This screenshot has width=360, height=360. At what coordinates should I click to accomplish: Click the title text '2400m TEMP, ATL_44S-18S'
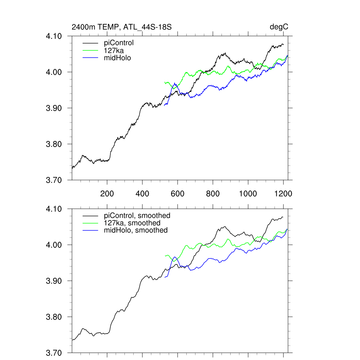(x=121, y=27)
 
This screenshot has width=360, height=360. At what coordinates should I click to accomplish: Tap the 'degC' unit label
(x=279, y=27)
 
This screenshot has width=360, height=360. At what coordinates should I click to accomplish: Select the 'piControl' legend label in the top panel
(x=119, y=43)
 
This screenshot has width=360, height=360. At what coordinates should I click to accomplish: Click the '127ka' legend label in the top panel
(x=114, y=50)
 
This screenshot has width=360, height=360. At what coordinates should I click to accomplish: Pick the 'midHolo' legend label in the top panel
(x=117, y=58)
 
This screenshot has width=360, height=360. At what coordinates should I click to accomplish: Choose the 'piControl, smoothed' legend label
(x=137, y=216)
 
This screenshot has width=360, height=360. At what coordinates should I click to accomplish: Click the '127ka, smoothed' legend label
(x=132, y=223)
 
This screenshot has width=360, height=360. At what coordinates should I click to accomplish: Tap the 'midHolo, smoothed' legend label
(x=135, y=230)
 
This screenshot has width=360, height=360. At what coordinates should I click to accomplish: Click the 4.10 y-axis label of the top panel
(x=54, y=36)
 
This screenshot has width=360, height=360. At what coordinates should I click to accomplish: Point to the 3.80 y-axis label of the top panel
(x=54, y=144)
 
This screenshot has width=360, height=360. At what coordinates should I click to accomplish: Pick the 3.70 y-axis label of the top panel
(x=54, y=180)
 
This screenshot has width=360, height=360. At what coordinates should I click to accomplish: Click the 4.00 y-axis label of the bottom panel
(x=54, y=245)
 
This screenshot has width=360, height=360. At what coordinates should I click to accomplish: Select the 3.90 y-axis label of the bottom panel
(x=54, y=281)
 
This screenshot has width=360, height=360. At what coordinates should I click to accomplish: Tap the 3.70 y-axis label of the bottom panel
(x=54, y=353)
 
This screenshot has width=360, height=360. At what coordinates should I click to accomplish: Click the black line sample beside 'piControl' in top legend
(x=90, y=43)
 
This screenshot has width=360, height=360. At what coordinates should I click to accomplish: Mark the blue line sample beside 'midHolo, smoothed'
(x=90, y=231)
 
